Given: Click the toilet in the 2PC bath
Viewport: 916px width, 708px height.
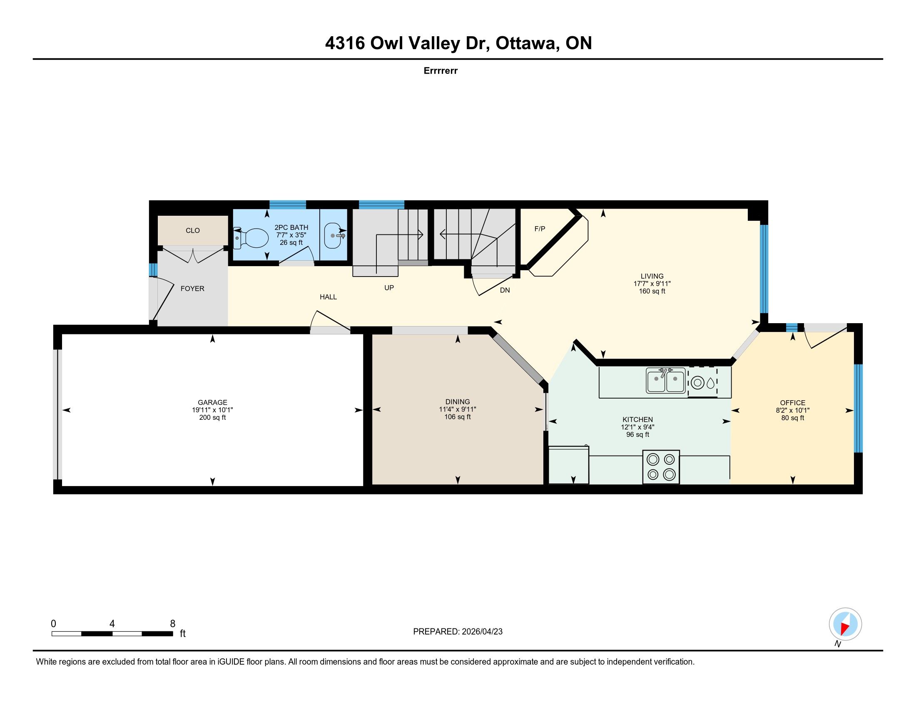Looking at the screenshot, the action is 251,238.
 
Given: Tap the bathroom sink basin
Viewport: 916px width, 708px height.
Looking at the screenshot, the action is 335,236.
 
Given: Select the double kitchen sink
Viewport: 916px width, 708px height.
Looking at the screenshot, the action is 666,380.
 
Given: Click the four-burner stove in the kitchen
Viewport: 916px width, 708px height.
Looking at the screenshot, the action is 661,467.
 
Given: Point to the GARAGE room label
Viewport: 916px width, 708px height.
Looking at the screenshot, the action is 213,402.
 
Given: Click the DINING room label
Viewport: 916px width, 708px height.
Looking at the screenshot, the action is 458,401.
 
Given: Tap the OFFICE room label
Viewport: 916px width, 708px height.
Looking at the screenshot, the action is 793,403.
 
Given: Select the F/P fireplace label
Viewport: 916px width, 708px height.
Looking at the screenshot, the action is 540,229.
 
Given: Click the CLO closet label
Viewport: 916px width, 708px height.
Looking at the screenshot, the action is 193,230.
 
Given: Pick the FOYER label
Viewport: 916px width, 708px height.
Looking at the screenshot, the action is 192,289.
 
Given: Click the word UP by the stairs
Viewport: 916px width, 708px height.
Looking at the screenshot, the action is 389,288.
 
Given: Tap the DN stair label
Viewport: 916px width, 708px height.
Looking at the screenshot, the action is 505,290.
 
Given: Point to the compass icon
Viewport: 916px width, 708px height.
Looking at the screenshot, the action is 846,624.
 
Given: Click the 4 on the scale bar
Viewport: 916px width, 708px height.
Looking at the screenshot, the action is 112,624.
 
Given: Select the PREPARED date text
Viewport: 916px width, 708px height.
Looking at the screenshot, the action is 458,632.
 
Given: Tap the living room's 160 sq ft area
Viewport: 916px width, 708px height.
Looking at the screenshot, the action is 652,291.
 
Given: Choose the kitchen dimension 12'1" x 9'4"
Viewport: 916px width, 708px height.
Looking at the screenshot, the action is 637,427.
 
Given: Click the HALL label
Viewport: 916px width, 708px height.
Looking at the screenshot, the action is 329,297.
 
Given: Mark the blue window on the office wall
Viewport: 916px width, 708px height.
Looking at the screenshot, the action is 859,408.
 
